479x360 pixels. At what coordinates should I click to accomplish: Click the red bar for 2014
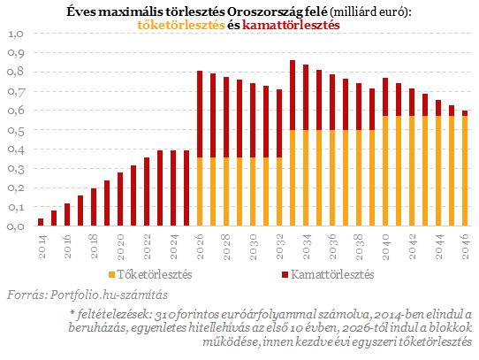(x=41, y=222)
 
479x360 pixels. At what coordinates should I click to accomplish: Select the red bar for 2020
(x=120, y=199)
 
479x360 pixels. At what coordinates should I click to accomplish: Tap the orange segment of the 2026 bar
(x=200, y=192)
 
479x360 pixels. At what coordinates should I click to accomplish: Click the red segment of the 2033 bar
(x=293, y=96)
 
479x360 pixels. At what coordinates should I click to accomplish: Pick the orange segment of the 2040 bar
(x=385, y=171)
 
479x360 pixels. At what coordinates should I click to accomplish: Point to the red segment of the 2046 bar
(x=465, y=113)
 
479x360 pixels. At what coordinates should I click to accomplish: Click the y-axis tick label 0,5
(x=16, y=130)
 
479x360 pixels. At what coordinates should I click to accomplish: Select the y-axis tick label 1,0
(x=16, y=34)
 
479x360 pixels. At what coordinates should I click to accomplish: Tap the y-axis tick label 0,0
(x=16, y=226)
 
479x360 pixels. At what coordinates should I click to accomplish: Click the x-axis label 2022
(x=147, y=247)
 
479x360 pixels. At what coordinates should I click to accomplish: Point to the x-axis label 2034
(x=306, y=247)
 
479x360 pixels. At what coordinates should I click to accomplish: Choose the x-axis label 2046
(x=465, y=247)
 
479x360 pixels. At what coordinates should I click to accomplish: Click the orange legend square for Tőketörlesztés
(x=112, y=275)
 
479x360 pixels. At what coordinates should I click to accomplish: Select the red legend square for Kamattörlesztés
(x=285, y=275)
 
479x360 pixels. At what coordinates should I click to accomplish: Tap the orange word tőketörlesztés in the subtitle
(x=181, y=25)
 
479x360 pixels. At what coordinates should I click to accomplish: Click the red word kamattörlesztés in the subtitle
(x=291, y=25)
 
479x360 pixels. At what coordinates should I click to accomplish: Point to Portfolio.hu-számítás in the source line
(x=109, y=295)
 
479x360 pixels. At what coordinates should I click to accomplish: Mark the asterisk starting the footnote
(x=72, y=312)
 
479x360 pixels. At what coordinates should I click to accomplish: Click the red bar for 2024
(x=173, y=188)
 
